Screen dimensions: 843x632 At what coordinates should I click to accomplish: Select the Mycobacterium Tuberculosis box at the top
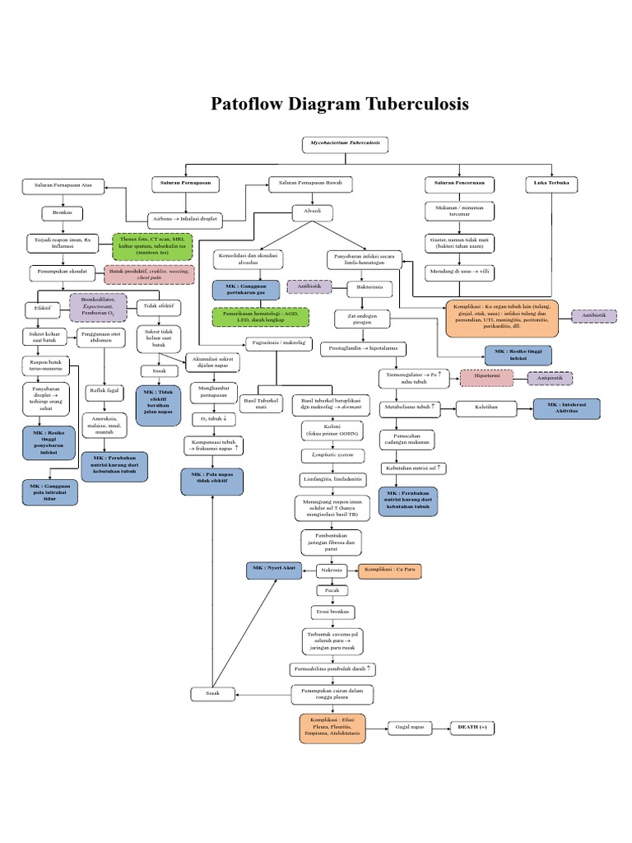(x=345, y=143)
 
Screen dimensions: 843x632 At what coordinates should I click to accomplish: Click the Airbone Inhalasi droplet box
(x=186, y=220)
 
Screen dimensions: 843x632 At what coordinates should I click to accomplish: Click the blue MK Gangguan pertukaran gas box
(x=245, y=289)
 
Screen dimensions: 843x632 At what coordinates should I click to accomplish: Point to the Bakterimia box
(x=364, y=289)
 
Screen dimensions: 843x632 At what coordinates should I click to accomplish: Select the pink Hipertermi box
(x=486, y=378)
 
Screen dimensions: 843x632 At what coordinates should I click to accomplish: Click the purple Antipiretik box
(x=556, y=378)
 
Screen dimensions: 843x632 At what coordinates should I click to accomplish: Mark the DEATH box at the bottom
(x=472, y=728)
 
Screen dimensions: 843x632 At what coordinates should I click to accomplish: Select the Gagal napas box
(x=411, y=728)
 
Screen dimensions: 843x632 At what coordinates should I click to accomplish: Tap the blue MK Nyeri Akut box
(x=272, y=570)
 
